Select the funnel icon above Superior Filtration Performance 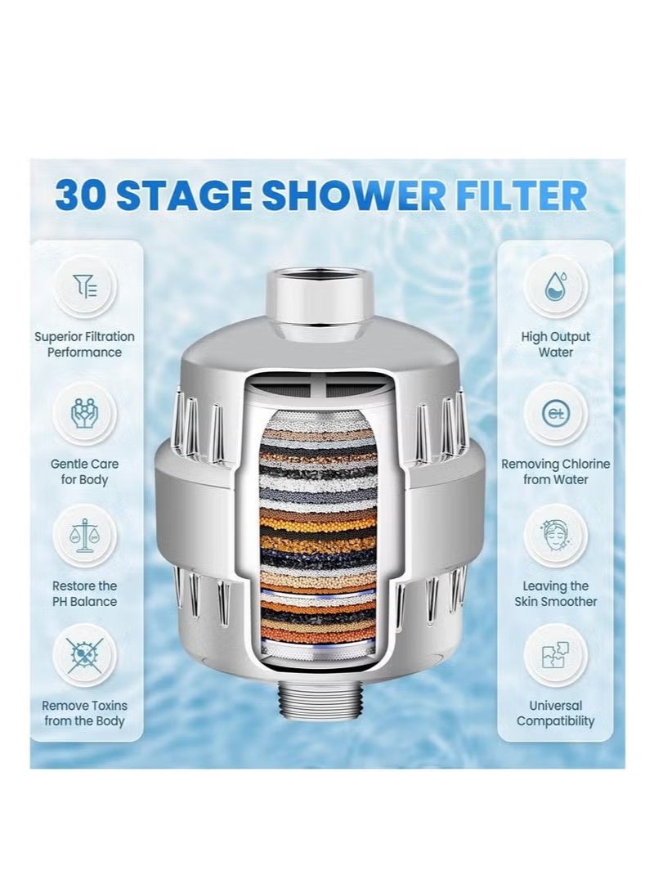point(85,285)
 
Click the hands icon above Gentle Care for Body point(85,413)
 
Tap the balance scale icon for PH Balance point(85,535)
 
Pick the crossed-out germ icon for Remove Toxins point(85,653)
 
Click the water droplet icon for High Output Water point(555,285)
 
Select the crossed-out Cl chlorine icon point(555,413)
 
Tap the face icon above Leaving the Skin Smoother point(555,535)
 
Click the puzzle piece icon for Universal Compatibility point(555,653)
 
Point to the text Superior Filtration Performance point(85,344)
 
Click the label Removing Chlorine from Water point(555,472)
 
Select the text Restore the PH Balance point(85,594)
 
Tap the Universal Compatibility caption point(555,713)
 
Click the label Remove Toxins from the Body point(85,713)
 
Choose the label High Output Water point(555,344)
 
